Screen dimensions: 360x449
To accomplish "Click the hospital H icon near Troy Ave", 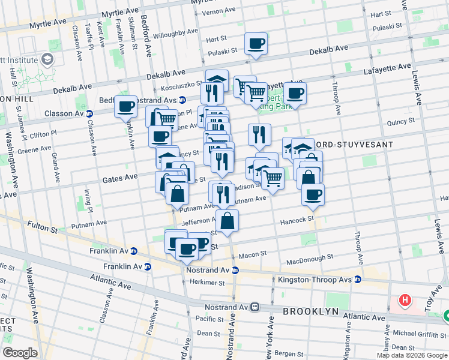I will tap(406, 299).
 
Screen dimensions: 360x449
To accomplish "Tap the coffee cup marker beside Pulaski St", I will tap(256, 44).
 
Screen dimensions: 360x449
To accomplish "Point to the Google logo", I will tap(20, 352).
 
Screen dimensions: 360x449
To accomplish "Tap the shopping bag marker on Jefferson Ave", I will tap(228, 221).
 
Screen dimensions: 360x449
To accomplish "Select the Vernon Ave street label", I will tap(218, 11).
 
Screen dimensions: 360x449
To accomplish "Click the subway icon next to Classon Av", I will tap(89, 113).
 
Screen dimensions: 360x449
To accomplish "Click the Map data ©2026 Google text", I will tap(411, 355).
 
